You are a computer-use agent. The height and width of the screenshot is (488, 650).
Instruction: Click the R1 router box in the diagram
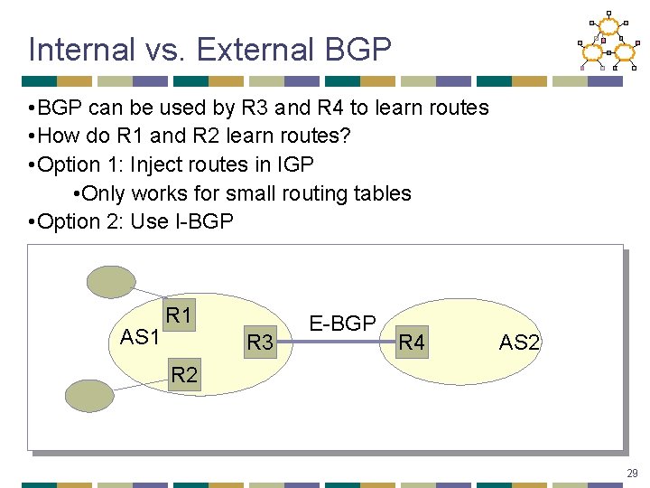point(179,315)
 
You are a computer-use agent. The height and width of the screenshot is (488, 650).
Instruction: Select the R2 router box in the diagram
point(184,374)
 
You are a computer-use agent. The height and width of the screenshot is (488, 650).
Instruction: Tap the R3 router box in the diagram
point(260,343)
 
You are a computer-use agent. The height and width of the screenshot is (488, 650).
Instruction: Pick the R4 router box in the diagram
point(412,343)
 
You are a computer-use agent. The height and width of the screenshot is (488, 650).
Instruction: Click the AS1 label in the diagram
point(140,337)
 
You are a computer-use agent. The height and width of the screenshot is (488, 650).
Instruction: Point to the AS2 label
point(519,343)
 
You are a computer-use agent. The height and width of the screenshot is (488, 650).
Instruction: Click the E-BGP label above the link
point(342,324)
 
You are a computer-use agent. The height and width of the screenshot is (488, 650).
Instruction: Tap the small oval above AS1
point(110,281)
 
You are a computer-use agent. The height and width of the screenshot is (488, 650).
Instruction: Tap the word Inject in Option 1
point(160,164)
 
